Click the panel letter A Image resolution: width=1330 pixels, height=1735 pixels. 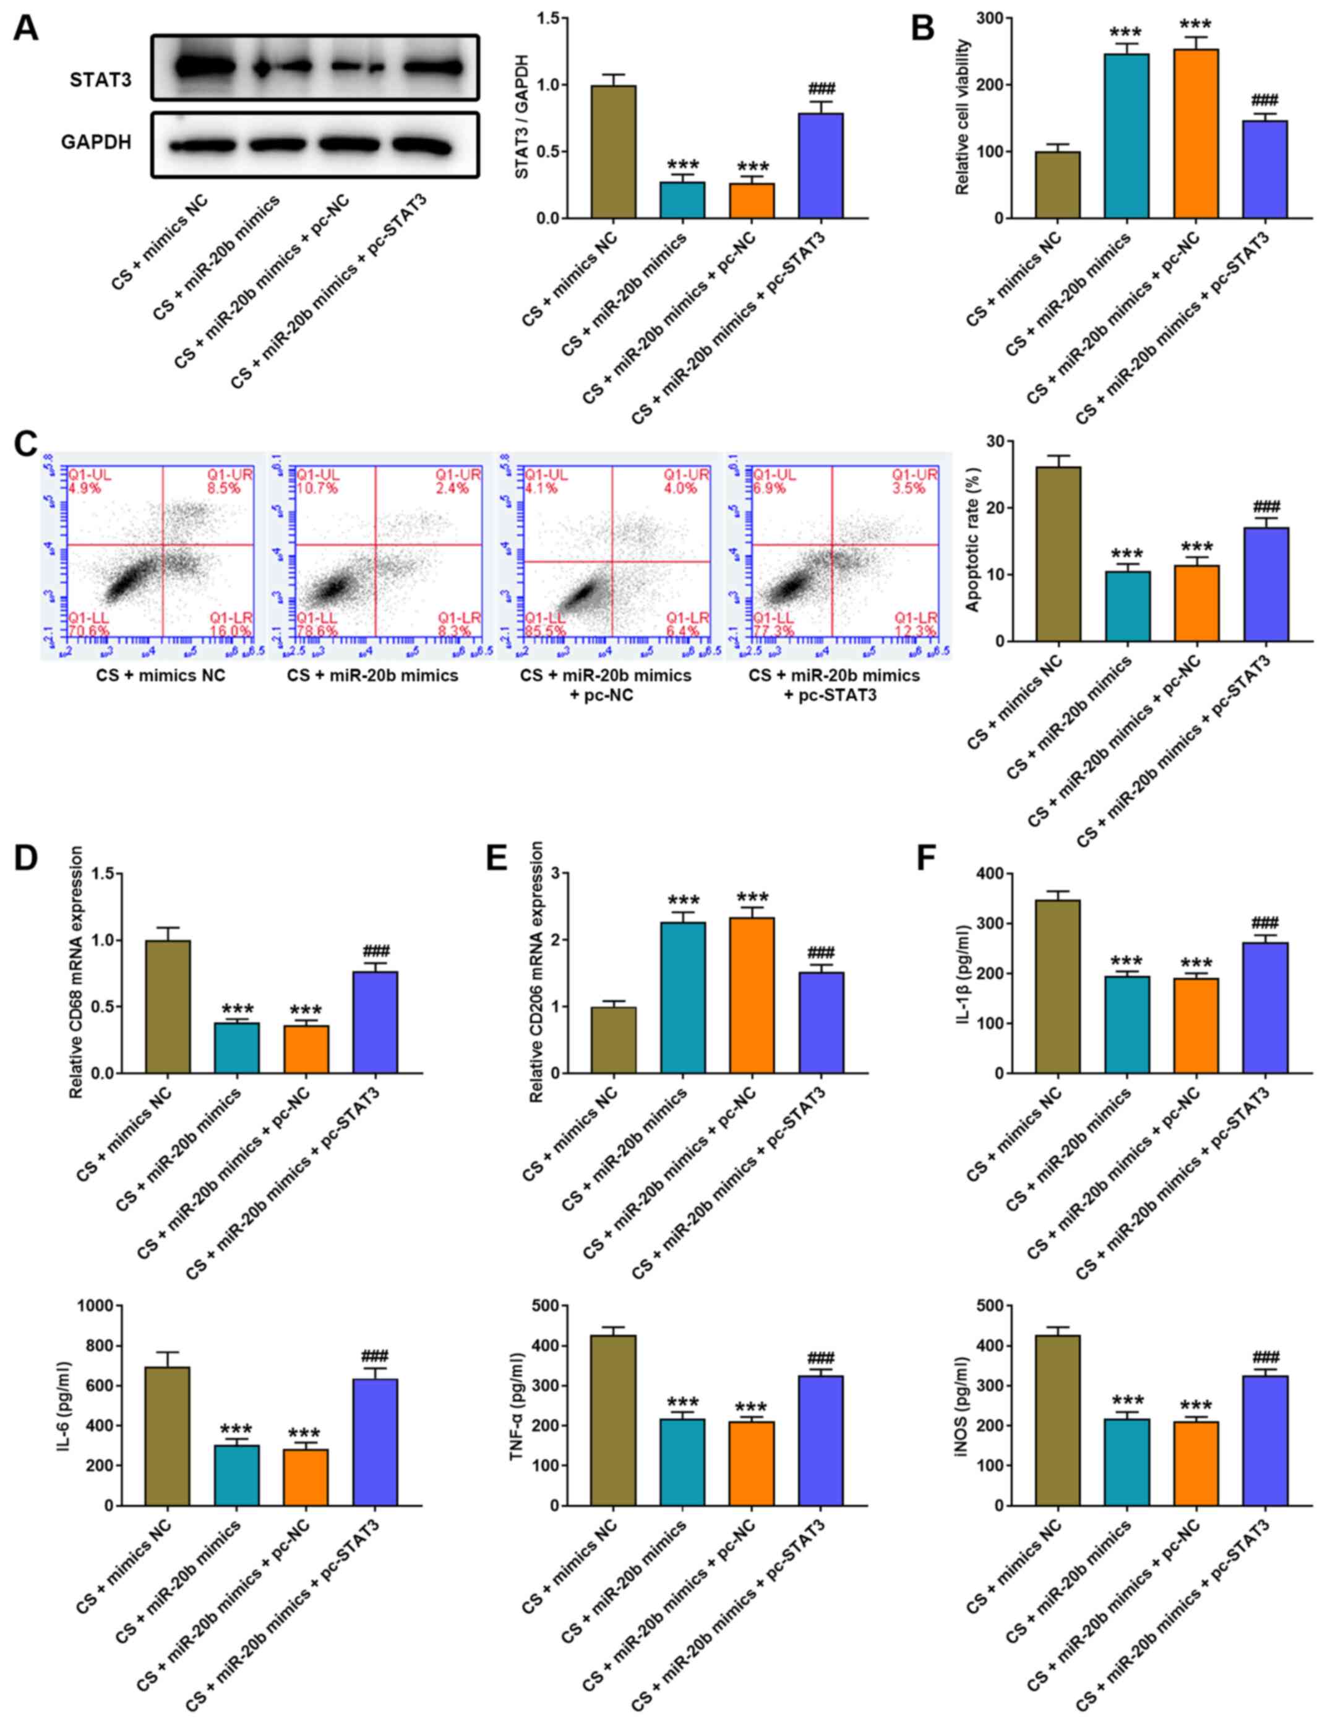click(x=25, y=28)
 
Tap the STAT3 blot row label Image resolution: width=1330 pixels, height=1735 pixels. click(x=101, y=80)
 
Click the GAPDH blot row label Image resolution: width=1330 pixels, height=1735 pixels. click(x=96, y=142)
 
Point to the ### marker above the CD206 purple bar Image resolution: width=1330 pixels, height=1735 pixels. click(x=821, y=952)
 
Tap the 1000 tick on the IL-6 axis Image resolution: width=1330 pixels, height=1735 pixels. click(x=100, y=1305)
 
